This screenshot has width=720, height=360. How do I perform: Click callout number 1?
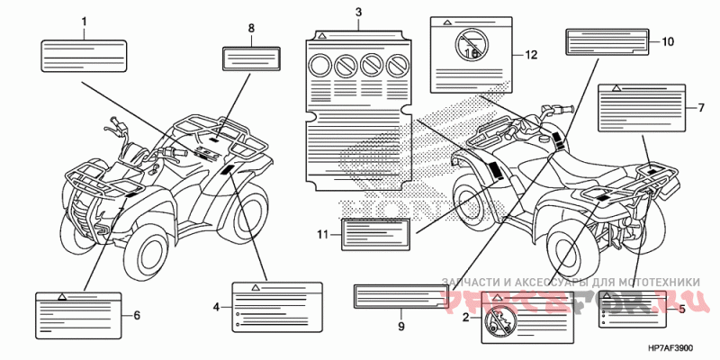[84, 20]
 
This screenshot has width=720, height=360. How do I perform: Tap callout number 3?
[358, 12]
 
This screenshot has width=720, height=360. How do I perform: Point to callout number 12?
[531, 55]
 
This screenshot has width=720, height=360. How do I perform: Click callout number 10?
[668, 41]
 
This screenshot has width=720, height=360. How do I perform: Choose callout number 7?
[700, 108]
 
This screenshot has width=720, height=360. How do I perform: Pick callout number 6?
[137, 315]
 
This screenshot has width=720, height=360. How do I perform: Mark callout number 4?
[216, 307]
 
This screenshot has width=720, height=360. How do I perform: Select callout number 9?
[401, 327]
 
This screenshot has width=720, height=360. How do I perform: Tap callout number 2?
[465, 318]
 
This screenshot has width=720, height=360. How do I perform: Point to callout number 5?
[681, 309]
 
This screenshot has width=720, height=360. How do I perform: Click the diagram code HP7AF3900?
[670, 348]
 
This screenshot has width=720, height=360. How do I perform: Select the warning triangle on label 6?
[62, 296]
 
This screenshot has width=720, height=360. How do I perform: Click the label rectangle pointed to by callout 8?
[250, 56]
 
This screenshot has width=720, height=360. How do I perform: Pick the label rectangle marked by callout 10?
[607, 42]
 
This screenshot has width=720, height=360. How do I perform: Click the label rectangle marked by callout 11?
[375, 234]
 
